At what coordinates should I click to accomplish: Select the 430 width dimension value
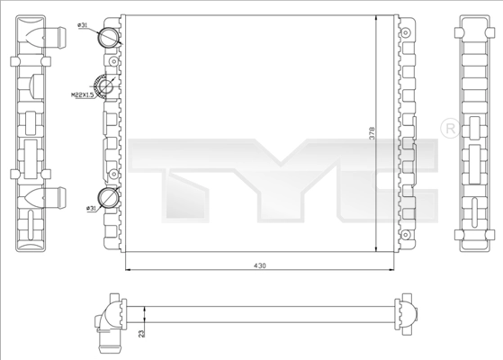259,265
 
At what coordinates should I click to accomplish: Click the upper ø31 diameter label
84,27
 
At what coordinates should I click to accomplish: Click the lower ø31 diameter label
92,209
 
